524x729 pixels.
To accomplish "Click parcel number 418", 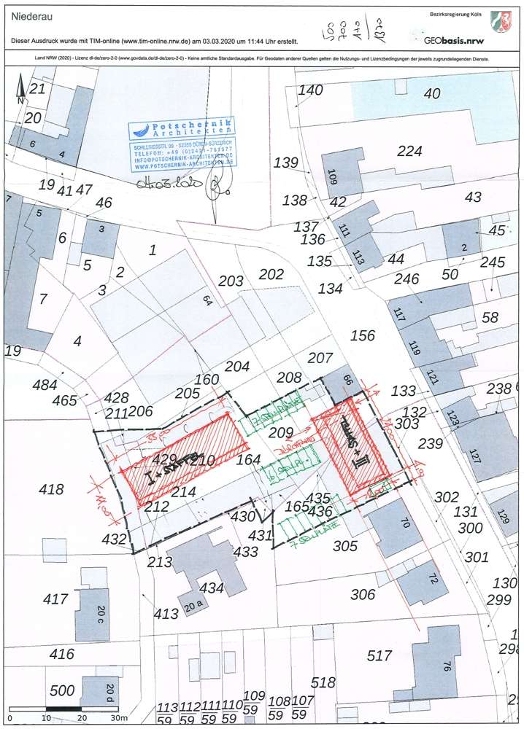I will [x=50, y=489].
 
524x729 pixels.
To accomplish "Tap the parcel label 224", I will [x=409, y=151].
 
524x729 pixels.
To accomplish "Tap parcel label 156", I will [x=363, y=335].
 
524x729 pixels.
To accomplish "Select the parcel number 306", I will [x=363, y=595].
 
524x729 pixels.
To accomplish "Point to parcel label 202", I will [x=271, y=274].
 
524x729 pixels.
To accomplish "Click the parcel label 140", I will [x=310, y=90].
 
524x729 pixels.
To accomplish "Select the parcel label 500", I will [x=62, y=690].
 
